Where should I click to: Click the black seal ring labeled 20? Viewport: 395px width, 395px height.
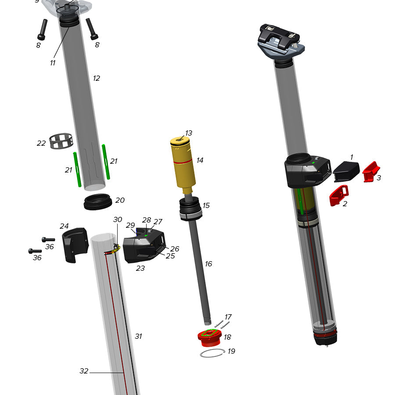pyautogui.click(x=97, y=202)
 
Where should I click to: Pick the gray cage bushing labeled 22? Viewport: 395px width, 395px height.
pyautogui.click(x=60, y=141)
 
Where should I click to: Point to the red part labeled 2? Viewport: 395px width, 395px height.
pyautogui.click(x=338, y=196)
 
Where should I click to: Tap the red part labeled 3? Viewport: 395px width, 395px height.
pyautogui.click(x=371, y=172)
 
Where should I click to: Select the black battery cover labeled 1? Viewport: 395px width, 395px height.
pyautogui.click(x=346, y=171)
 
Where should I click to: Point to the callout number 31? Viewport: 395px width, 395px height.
pyautogui.click(x=138, y=336)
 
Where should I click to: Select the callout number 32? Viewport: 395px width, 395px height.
pyautogui.click(x=84, y=371)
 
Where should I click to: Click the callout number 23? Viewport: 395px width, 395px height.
pyautogui.click(x=140, y=268)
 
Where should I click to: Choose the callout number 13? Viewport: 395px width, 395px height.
pyautogui.click(x=189, y=133)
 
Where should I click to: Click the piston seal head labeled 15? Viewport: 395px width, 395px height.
pyautogui.click(x=190, y=209)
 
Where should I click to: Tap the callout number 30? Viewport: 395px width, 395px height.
pyautogui.click(x=118, y=219)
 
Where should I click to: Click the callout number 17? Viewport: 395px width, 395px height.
pyautogui.click(x=228, y=317)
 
